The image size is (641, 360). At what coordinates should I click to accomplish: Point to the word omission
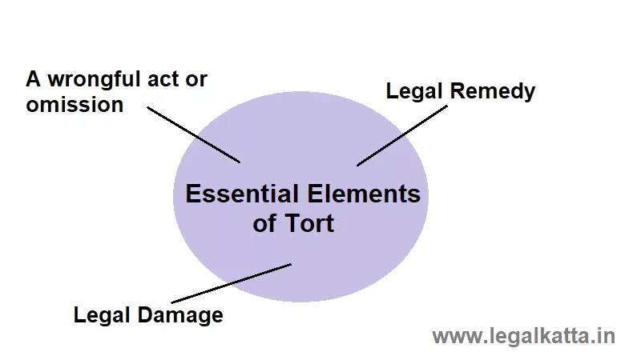click(x=75, y=105)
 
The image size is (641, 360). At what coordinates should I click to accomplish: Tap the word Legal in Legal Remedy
click(x=415, y=91)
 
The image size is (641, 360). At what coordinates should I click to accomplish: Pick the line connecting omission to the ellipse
click(x=193, y=133)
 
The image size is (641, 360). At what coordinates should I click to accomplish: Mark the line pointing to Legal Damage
click(x=231, y=283)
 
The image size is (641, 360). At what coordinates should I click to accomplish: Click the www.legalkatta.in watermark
click(x=523, y=336)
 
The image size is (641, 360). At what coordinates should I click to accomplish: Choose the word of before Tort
click(x=265, y=223)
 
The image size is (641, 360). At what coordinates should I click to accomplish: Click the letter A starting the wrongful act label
click(x=34, y=79)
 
